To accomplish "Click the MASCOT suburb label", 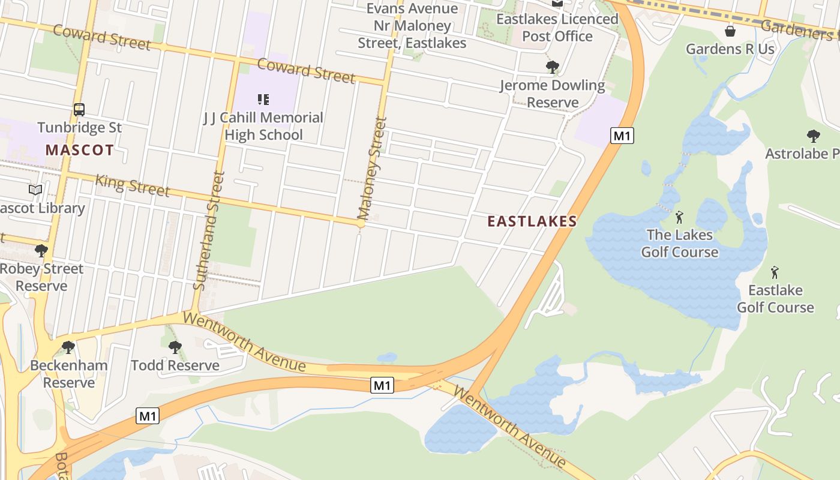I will tap(79, 150).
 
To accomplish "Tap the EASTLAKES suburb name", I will tap(532, 221).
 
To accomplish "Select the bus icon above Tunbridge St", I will tap(79, 110).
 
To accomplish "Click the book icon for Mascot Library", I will tap(36, 190).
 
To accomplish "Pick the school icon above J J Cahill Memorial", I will tap(263, 99).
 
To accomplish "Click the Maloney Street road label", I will tap(373, 168).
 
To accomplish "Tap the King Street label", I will tap(132, 185).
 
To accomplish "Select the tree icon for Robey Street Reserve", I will tap(41, 250).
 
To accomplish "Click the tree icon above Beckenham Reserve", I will tap(68, 347).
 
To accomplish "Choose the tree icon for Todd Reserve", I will tap(175, 347).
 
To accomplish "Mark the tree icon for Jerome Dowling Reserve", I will tap(552, 67).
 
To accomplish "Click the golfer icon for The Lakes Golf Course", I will tap(679, 217).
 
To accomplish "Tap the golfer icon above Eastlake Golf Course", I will tap(775, 272).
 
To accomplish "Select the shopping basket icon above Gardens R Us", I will tap(730, 31).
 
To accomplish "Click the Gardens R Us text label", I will tap(730, 49).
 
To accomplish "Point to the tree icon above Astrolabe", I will tap(813, 136).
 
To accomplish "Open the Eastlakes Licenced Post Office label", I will tap(557, 28).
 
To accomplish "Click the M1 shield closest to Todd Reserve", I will tap(148, 416).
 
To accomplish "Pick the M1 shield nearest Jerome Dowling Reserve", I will tap(622, 136).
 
